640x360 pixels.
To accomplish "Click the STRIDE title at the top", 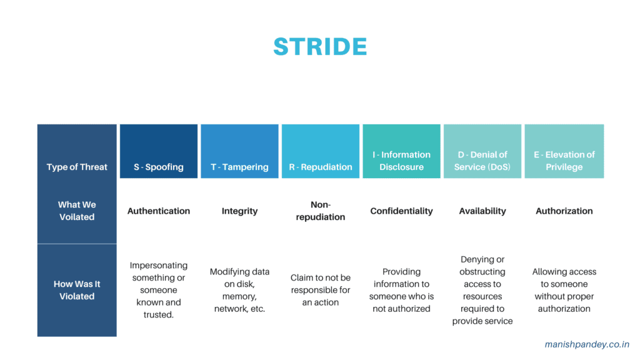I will [320, 47].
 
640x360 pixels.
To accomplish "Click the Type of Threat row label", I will [77, 167].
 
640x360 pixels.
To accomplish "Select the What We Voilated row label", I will [77, 211].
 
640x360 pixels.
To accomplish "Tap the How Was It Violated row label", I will [77, 290].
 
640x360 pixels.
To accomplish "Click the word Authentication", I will [159, 211].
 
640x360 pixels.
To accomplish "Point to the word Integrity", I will [239, 211].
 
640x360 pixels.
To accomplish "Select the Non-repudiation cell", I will [321, 211].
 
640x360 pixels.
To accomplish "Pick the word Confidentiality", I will [401, 211].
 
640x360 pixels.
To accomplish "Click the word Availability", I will [482, 211].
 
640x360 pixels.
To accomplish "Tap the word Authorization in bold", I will [564, 211].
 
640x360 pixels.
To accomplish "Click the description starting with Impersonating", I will [159, 290].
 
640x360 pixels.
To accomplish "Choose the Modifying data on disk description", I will [239, 290].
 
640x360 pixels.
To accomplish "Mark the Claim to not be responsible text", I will [321, 290].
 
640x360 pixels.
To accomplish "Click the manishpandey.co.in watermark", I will [587, 344].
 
